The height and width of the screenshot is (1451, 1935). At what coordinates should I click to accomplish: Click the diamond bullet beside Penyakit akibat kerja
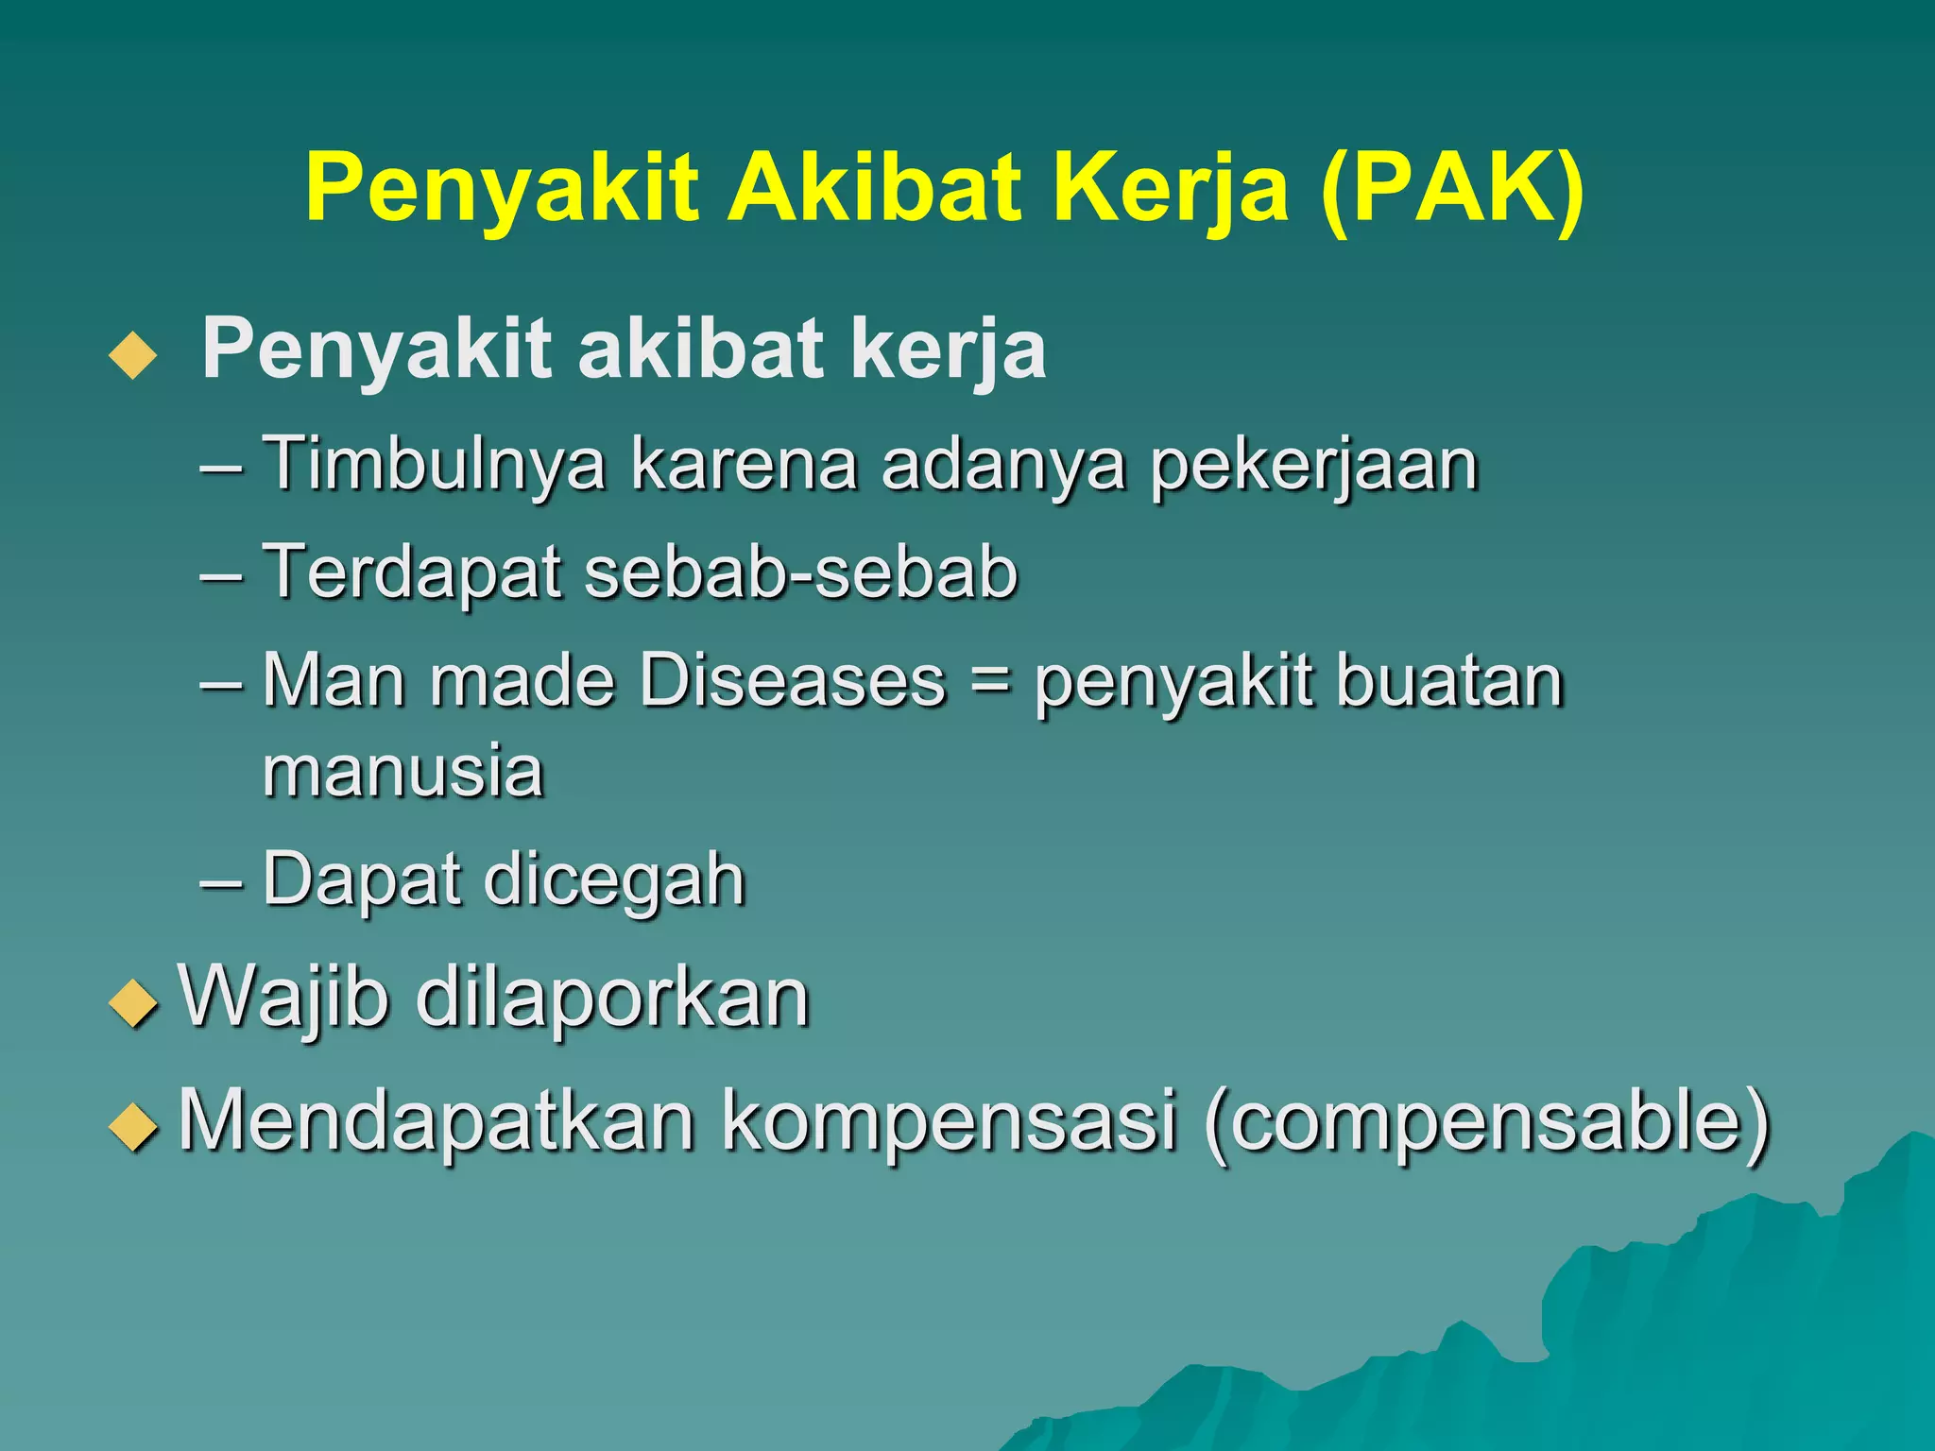click(x=133, y=355)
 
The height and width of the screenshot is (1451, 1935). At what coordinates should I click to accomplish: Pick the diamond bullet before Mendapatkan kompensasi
click(x=133, y=1126)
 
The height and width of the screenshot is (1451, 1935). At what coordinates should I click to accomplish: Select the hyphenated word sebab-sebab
click(x=801, y=572)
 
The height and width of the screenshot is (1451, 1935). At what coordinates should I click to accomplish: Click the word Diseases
click(x=793, y=679)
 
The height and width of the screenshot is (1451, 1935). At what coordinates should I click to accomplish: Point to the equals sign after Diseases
click(x=990, y=681)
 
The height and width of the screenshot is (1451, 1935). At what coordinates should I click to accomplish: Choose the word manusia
click(x=403, y=771)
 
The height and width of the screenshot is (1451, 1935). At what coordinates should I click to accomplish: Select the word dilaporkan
click(x=612, y=999)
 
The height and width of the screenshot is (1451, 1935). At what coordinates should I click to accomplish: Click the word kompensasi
click(x=950, y=1121)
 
